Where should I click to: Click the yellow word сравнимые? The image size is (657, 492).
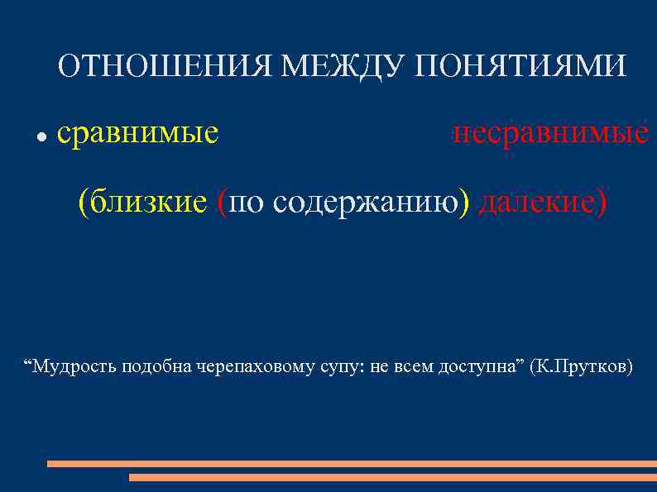pyautogui.click(x=138, y=132)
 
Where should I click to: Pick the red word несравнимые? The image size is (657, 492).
pyautogui.click(x=550, y=132)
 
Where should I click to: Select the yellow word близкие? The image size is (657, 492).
pyautogui.click(x=148, y=201)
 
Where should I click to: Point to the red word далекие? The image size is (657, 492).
pyautogui.click(x=537, y=201)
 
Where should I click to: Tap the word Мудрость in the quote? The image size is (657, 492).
pyautogui.click(x=75, y=366)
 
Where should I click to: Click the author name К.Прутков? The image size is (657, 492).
pyautogui.click(x=585, y=366)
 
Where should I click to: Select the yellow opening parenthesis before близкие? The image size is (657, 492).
pyautogui.click(x=84, y=202)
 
